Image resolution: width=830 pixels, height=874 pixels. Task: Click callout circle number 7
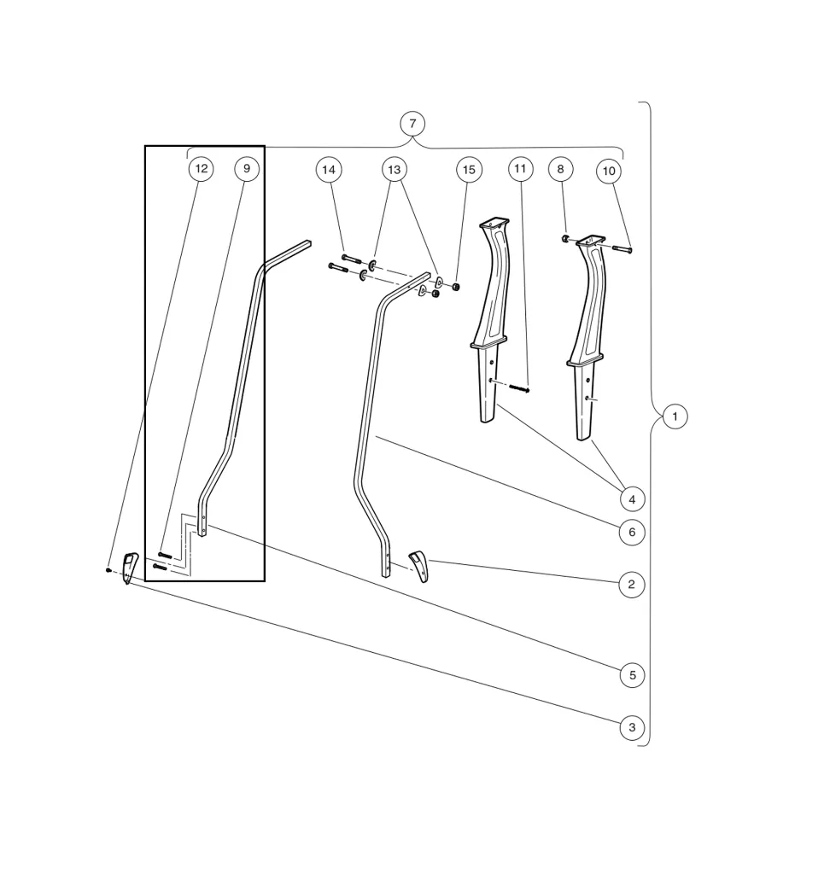(x=412, y=124)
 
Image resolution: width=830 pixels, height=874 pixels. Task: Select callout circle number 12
(x=201, y=169)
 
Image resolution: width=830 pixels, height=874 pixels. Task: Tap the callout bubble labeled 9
(x=247, y=169)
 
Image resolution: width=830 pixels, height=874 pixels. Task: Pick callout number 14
(x=329, y=170)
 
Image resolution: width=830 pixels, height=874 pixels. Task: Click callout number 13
(x=394, y=170)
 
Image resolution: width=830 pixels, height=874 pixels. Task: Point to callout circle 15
(x=469, y=170)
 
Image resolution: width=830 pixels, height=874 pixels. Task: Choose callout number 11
(x=521, y=169)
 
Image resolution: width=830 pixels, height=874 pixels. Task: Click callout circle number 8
(x=560, y=169)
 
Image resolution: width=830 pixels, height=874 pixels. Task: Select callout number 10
(x=609, y=172)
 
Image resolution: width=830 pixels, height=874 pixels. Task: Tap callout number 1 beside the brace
(x=675, y=417)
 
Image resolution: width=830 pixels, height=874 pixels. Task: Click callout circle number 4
(x=632, y=499)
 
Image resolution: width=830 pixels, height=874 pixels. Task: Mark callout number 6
(x=632, y=533)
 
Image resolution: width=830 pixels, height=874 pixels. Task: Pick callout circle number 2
(x=632, y=585)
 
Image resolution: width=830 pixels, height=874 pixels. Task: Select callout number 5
(x=632, y=675)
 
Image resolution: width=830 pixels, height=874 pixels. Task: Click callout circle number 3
(x=632, y=728)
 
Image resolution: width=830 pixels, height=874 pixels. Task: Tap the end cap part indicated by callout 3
(x=129, y=568)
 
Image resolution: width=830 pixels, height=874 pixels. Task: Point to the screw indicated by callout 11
(x=520, y=388)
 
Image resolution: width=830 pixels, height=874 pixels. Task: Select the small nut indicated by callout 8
(x=565, y=238)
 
